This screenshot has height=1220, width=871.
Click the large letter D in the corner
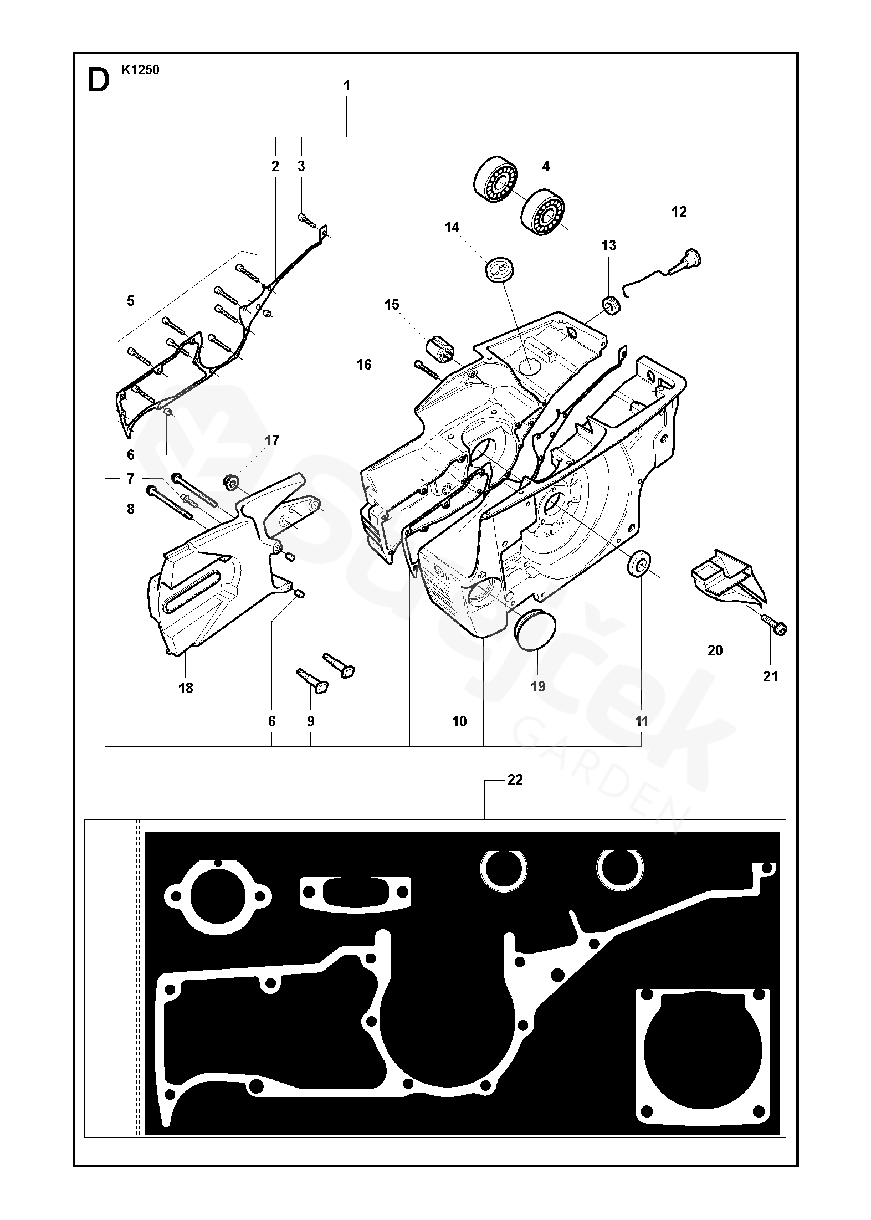(99, 81)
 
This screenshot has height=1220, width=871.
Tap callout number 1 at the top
(347, 86)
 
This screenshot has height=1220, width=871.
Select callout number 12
(679, 212)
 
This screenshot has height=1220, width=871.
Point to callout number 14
(452, 228)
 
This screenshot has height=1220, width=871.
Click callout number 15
(392, 305)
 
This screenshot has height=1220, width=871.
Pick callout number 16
(364, 365)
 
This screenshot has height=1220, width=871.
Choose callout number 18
(186, 688)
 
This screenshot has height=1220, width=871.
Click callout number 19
(538, 686)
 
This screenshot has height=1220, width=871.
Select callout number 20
(715, 650)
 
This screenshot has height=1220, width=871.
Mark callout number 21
(771, 676)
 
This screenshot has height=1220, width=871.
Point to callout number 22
(515, 780)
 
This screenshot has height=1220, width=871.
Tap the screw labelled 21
(773, 624)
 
